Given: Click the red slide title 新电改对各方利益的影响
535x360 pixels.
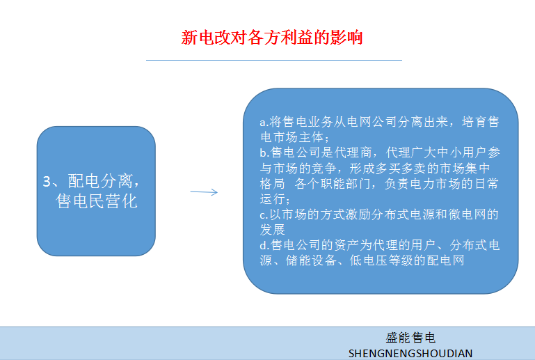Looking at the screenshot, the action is (x=271, y=37).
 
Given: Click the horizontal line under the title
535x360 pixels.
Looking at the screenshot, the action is (x=274, y=60).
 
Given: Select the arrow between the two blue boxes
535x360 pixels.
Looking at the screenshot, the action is (x=204, y=192).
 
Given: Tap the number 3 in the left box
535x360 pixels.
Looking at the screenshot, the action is (x=47, y=181).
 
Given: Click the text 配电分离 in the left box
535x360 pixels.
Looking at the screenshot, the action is (x=100, y=181).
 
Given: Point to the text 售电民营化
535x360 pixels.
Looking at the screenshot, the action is (x=97, y=201).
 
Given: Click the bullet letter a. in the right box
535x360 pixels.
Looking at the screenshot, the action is (x=264, y=122).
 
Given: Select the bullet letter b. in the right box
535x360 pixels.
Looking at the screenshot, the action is (x=264, y=152).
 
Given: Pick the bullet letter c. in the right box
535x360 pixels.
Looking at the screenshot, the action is (x=264, y=214).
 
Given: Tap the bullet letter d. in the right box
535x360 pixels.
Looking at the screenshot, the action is (x=264, y=245).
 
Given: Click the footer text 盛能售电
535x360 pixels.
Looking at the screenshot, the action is (x=410, y=338).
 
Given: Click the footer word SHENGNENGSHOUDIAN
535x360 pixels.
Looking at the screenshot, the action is (x=410, y=353).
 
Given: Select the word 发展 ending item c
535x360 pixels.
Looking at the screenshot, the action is (x=272, y=230).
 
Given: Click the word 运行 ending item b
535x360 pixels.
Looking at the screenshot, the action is (x=272, y=198).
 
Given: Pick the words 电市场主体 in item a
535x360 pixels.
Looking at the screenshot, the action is (x=292, y=137).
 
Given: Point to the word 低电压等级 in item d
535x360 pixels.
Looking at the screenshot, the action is (x=381, y=260).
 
